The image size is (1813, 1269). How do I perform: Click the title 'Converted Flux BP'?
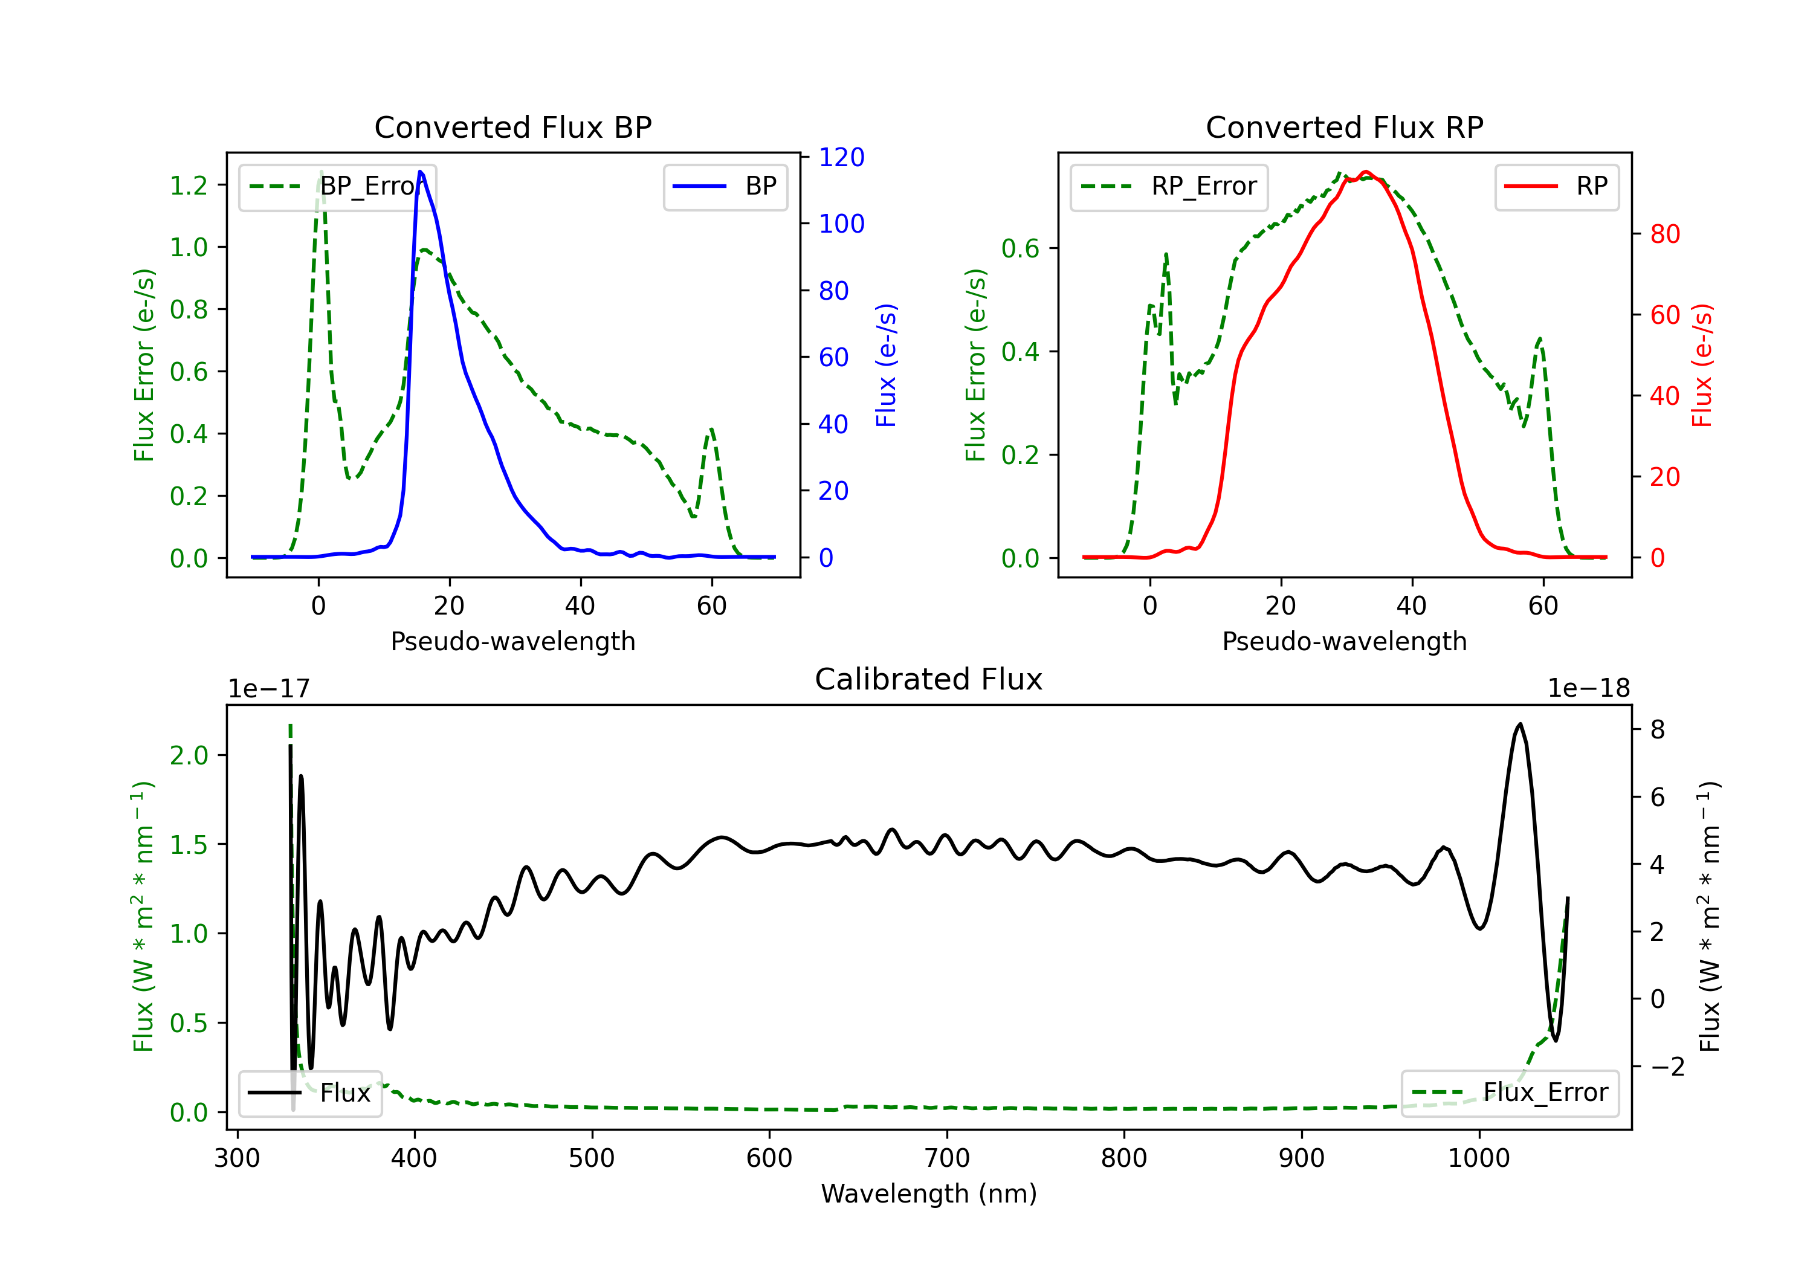point(513,127)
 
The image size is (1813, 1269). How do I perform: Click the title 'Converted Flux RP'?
point(1344,127)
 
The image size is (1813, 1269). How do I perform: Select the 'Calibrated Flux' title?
point(929,679)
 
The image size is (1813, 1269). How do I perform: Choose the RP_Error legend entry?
point(1169,186)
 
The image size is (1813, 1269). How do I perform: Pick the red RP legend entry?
point(1556,186)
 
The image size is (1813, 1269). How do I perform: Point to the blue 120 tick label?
point(842,157)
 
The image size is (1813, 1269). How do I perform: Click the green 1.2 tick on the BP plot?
point(189,186)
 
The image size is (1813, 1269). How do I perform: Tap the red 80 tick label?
point(1666,234)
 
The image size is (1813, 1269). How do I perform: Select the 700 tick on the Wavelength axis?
point(947,1158)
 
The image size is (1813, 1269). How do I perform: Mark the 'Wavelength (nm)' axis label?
point(929,1194)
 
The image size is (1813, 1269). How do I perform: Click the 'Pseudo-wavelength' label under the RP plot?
point(1344,641)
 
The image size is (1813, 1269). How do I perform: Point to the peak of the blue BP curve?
point(420,172)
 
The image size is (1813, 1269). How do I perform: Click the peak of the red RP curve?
point(1366,172)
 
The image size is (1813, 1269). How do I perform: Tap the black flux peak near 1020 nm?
point(1519,724)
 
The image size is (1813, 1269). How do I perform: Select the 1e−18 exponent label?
point(1589,689)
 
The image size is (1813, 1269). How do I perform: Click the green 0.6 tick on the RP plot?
point(1020,249)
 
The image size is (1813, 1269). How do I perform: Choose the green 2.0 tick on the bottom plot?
point(189,756)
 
